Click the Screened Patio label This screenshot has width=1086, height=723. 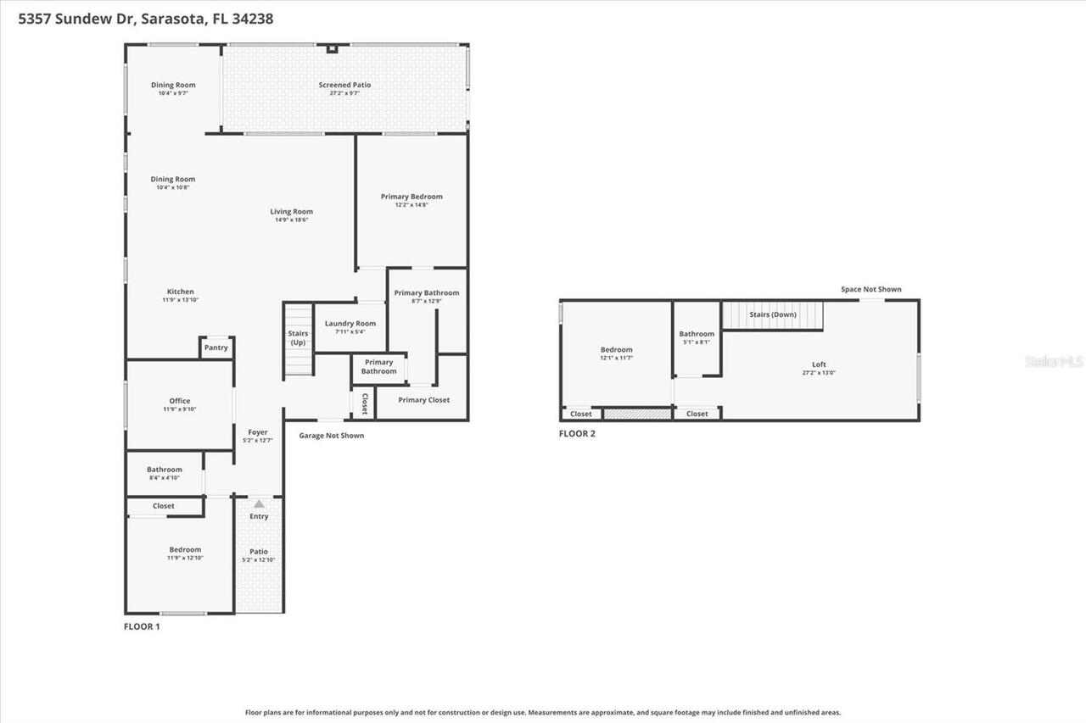pos(344,85)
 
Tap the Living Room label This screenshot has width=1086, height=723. pos(292,212)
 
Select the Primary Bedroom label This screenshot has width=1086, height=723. pos(411,197)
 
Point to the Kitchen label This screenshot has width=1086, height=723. pos(180,292)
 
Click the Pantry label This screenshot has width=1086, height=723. pos(216,348)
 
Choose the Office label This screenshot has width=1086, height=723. pos(180,401)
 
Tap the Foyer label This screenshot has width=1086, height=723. pos(258,432)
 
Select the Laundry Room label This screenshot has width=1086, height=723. pos(350,324)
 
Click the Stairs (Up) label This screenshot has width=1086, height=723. pos(298,337)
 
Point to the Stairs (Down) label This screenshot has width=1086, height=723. pos(772,314)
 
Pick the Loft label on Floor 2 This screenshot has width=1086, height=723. pos(819,364)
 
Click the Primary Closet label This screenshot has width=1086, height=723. pos(423,400)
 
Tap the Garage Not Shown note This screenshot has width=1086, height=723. pos(331,436)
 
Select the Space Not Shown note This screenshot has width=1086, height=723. pos(870,289)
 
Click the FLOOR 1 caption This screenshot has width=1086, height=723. pos(142,626)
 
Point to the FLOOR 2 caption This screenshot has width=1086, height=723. pos(577,433)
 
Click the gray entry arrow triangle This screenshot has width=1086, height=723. pos(259,503)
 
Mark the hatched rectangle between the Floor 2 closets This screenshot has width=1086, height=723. pos(637,414)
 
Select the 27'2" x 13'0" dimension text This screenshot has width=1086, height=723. pos(819,372)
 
